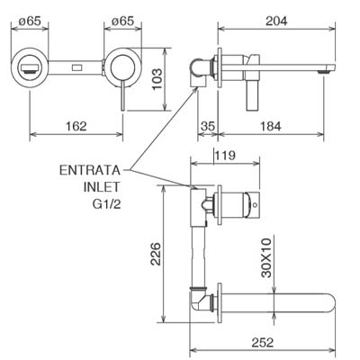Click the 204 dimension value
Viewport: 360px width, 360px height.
click(x=276, y=21)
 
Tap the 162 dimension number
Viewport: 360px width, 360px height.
click(x=76, y=126)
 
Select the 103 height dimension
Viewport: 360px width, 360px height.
click(x=157, y=79)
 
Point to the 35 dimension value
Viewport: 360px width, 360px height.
click(x=208, y=126)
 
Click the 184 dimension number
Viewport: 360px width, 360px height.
click(x=270, y=126)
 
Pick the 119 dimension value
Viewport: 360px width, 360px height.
click(x=225, y=156)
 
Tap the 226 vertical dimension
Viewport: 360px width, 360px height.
click(x=156, y=254)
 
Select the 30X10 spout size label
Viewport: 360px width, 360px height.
click(x=266, y=257)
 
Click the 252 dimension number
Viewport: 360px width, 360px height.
click(x=263, y=342)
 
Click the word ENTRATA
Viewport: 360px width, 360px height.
click(x=90, y=170)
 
